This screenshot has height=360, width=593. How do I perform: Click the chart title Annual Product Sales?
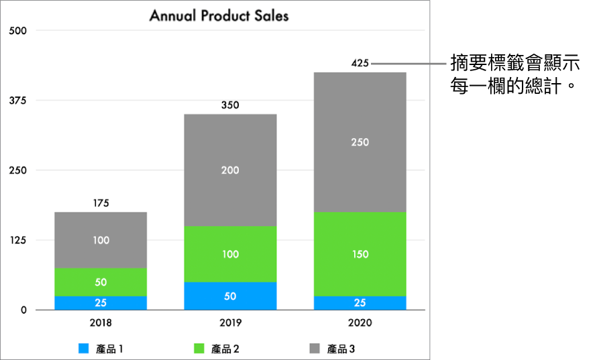(x=219, y=15)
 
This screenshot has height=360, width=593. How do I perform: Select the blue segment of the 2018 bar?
(x=101, y=303)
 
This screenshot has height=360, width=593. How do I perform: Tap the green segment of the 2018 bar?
(x=101, y=282)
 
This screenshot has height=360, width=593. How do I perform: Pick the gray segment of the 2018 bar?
(x=101, y=240)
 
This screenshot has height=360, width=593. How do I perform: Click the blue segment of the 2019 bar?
(x=230, y=296)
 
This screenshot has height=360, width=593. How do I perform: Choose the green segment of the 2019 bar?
(x=230, y=254)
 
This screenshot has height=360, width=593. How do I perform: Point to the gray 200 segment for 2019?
(x=230, y=170)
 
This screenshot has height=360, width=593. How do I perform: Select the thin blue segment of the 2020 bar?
(x=360, y=303)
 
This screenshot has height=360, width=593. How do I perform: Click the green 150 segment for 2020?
(x=360, y=254)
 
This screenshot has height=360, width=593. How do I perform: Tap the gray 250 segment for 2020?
(x=360, y=142)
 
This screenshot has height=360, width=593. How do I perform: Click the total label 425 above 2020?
(x=360, y=64)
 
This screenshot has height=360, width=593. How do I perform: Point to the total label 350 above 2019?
(x=230, y=105)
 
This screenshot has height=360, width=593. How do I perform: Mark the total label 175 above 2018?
(x=101, y=203)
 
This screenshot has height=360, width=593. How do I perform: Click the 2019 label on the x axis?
(x=230, y=322)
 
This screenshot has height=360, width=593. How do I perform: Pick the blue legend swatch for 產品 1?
(x=84, y=349)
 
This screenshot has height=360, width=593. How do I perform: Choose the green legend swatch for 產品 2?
(x=199, y=349)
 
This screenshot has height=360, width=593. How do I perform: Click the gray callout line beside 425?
(x=409, y=64)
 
